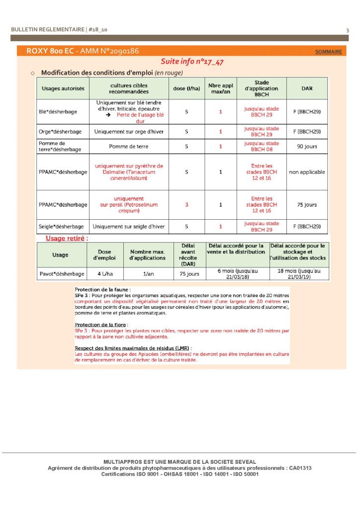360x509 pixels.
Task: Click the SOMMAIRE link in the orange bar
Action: coord(328,52)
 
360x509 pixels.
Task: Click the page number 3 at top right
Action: coord(348,30)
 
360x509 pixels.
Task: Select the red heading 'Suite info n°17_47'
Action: coord(192,62)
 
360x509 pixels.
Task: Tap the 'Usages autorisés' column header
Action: coord(63,88)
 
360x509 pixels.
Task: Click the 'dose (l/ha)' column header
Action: coord(186,88)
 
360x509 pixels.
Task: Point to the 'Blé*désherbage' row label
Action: coord(58,112)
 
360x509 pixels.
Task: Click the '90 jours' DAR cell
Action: coord(307,147)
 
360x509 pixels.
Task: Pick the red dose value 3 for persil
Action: coord(186,205)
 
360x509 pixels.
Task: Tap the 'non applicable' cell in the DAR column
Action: coord(307,172)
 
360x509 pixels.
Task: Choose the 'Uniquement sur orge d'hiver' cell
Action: coord(129,132)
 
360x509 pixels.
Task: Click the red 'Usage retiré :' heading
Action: coord(67,238)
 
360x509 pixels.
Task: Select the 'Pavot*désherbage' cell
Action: coord(62,274)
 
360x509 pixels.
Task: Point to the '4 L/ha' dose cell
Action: coord(104,274)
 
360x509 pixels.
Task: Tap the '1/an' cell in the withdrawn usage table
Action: coord(147,274)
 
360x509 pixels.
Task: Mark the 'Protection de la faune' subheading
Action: coord(102,289)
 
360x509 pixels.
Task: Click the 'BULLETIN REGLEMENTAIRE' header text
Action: coord(48,30)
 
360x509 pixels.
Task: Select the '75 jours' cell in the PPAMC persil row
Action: coord(307,205)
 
